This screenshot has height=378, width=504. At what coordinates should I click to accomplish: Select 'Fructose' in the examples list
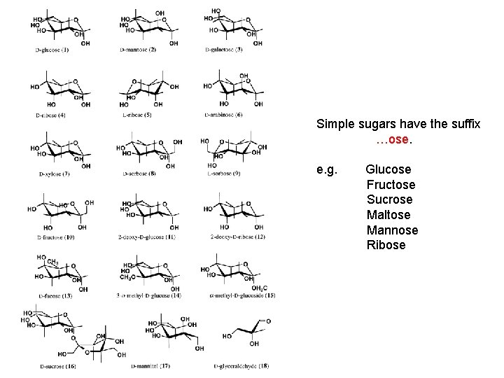tap(391, 185)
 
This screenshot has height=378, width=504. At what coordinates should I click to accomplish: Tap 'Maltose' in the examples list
tap(388, 215)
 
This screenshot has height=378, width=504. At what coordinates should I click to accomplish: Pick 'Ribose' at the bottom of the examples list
tap(386, 245)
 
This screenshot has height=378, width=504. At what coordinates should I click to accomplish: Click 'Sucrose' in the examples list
tap(389, 200)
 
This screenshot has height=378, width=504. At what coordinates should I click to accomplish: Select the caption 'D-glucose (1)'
tap(53, 50)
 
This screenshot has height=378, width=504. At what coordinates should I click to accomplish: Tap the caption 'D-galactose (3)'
tap(224, 50)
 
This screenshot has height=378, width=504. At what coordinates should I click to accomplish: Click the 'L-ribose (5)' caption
tap(138, 114)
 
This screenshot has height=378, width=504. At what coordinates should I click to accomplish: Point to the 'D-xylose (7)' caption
tap(54, 173)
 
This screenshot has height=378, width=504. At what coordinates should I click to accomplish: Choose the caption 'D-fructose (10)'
tap(55, 237)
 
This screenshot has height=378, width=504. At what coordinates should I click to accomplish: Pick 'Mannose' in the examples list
tap(392, 230)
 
